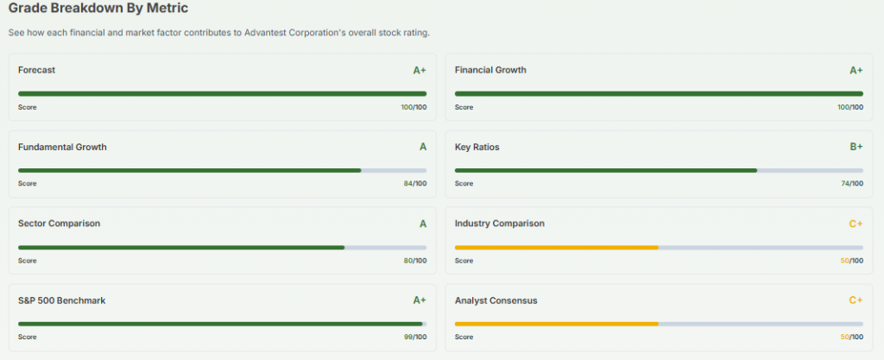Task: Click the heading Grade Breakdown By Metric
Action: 98,9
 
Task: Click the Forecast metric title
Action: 36,70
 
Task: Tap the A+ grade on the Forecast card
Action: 420,71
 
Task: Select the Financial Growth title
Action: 490,70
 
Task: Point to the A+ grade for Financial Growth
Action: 856,71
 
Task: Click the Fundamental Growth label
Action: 62,147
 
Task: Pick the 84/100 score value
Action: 414,183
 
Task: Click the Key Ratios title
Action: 477,147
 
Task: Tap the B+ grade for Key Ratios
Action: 856,147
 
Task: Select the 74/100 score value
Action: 851,183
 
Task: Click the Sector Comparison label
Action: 59,223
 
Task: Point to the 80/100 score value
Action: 414,260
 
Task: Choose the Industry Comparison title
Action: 499,223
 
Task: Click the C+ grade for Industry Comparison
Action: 856,224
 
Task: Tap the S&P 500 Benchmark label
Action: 61,300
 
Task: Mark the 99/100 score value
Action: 414,337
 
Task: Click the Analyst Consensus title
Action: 496,300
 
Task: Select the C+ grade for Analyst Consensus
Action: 856,300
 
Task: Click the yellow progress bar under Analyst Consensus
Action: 556,324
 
